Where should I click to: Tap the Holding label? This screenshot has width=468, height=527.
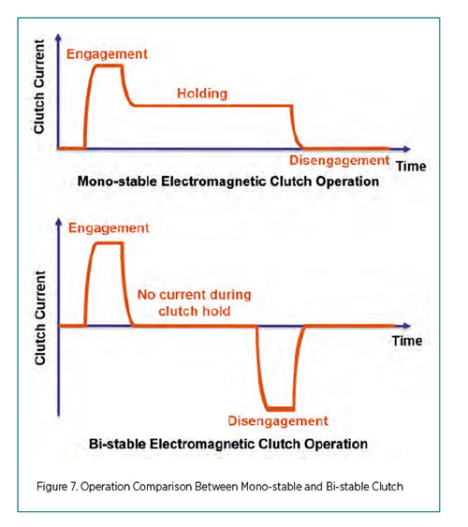coord(202,94)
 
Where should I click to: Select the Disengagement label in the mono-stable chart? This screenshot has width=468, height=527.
coord(340,161)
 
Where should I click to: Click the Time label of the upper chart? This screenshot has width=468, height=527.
coord(411,167)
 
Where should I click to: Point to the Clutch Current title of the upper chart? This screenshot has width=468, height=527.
coord(39,87)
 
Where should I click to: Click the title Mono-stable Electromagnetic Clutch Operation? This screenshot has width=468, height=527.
coord(228,182)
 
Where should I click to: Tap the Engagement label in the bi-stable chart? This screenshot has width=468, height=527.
coord(109,228)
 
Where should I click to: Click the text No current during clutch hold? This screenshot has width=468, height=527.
coord(194,303)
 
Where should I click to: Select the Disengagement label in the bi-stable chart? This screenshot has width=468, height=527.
coord(278,421)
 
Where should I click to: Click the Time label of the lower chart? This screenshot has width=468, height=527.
coord(407,341)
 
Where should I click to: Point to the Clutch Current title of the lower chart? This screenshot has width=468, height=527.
coord(40,318)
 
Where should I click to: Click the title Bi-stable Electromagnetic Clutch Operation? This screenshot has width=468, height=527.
coord(228,444)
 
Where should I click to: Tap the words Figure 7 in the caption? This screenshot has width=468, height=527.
coord(57,487)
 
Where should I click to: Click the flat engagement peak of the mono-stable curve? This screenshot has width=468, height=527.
coord(109,66)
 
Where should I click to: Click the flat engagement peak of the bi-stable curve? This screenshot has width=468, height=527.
coord(109,243)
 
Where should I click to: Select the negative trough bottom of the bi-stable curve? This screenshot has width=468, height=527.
coord(281,409)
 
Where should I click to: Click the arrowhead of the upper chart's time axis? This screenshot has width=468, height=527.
coord(406,149)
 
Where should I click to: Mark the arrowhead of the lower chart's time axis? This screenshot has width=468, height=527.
coord(406,326)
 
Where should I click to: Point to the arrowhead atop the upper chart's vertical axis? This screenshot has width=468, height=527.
coord(58,37)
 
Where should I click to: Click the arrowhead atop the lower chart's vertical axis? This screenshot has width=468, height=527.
coord(59,222)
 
